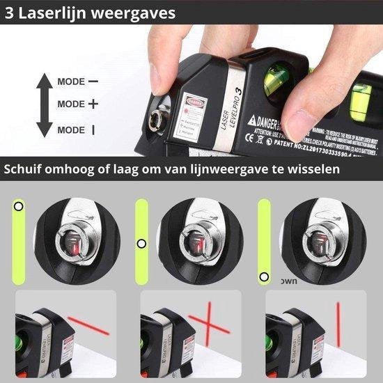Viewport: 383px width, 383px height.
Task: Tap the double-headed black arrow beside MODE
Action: (x=44, y=104)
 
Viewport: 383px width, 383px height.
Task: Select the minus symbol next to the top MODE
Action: (x=93, y=81)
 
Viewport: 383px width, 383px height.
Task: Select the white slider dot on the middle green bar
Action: (x=141, y=243)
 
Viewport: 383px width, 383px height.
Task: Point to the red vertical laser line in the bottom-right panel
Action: (x=338, y=324)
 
